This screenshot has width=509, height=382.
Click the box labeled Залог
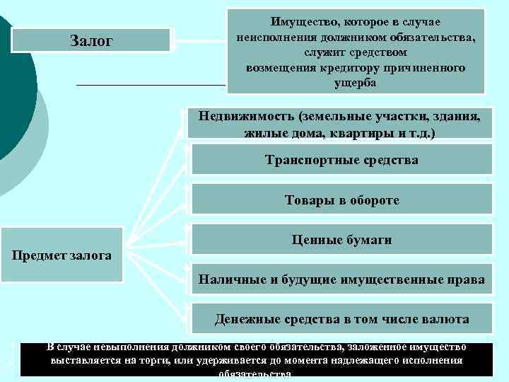91,40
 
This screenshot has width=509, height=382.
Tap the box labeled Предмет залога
62,254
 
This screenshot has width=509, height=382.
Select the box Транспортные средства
342,160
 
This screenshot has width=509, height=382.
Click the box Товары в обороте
342,200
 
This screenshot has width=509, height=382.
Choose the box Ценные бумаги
342,240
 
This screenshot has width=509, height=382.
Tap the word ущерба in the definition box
356,82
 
